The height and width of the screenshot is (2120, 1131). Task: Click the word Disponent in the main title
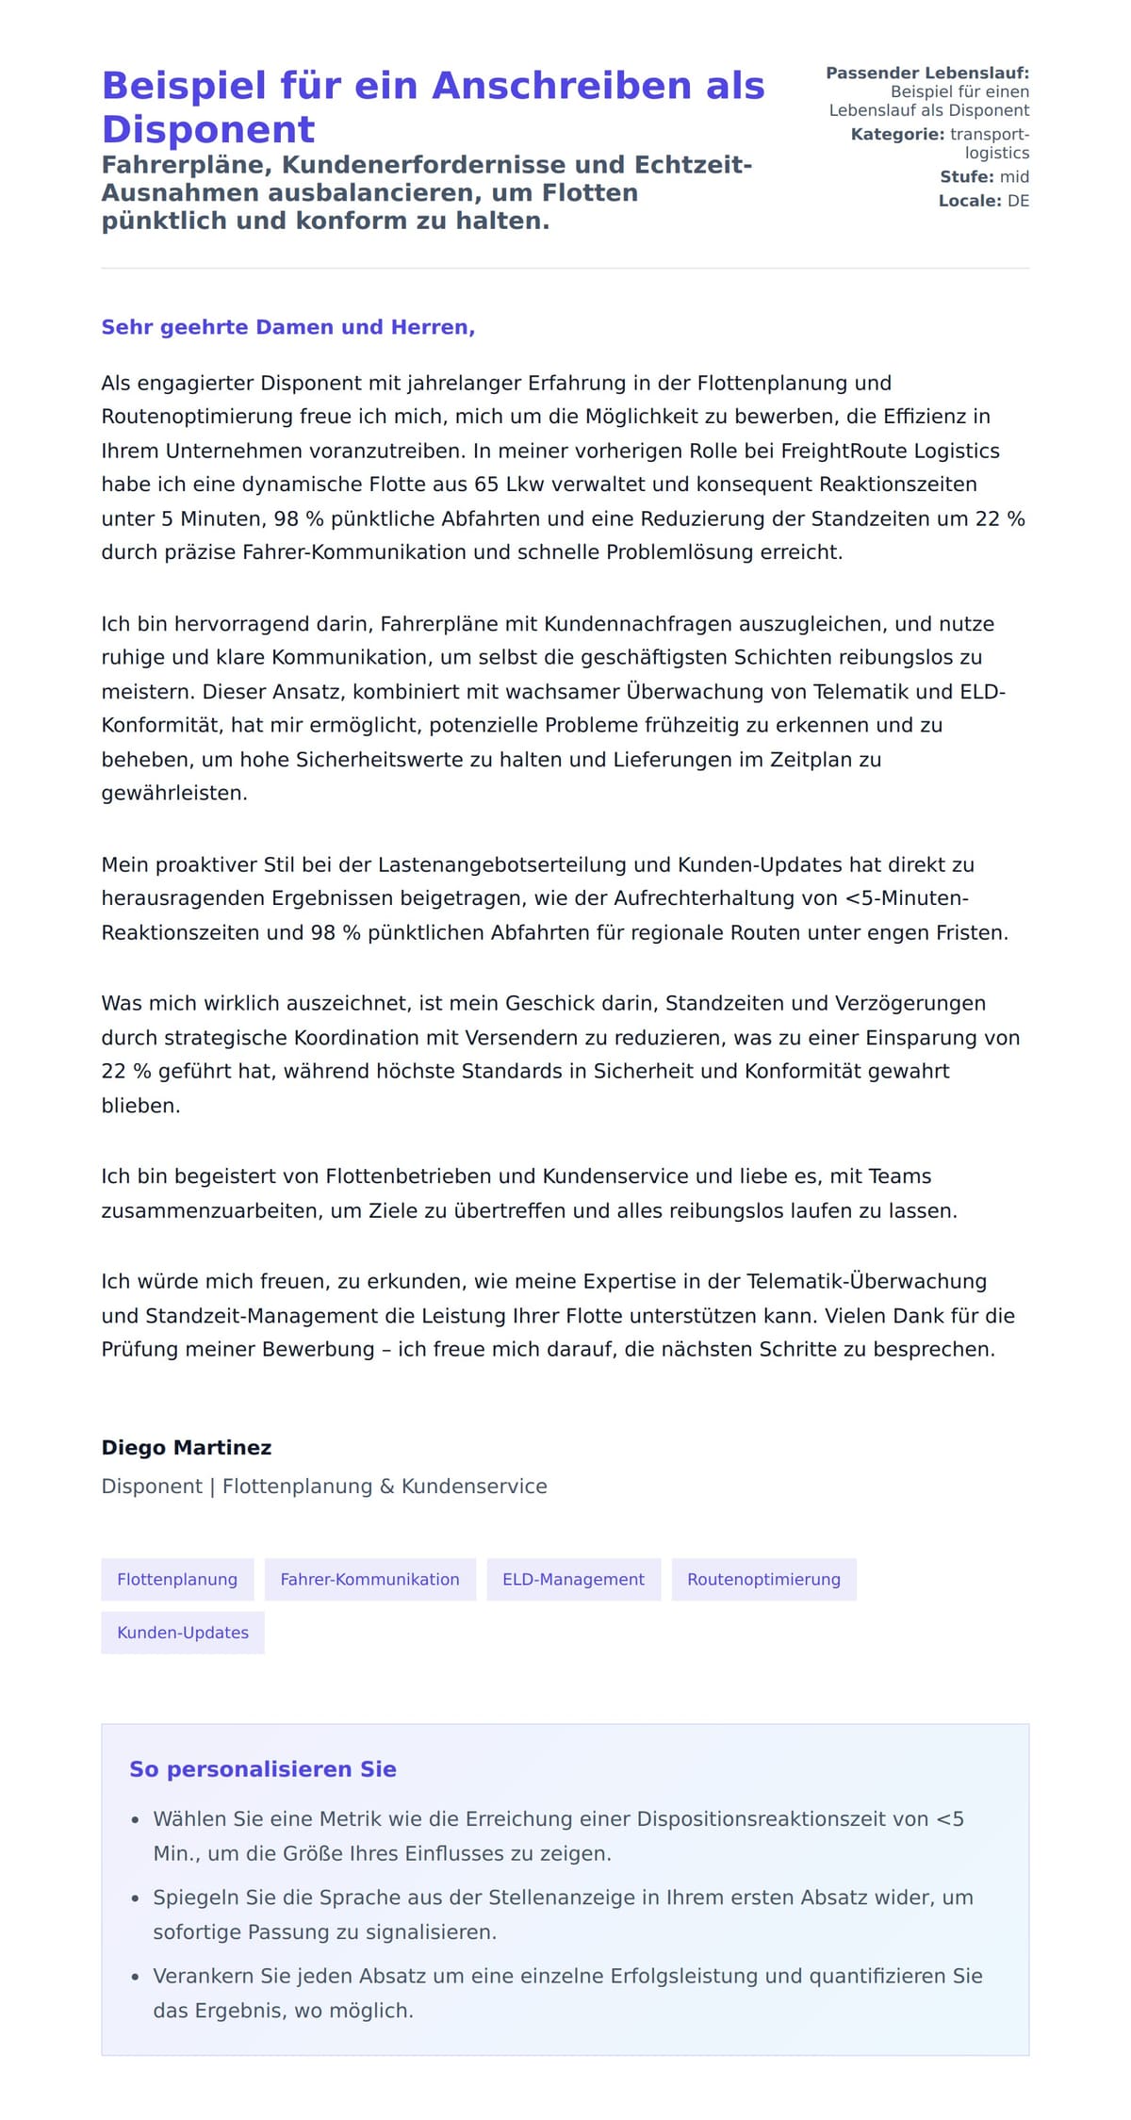(x=208, y=130)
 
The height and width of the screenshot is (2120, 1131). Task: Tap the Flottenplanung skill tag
(x=177, y=1579)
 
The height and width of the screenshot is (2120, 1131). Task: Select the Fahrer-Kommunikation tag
(x=369, y=1579)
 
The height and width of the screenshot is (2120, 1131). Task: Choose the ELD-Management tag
(x=573, y=1579)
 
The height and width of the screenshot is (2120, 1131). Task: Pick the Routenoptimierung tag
(x=763, y=1579)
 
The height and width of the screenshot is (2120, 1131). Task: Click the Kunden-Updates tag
(x=183, y=1632)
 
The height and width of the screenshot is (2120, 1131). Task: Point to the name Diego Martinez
(x=187, y=1447)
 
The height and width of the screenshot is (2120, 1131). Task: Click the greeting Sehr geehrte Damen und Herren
(x=287, y=327)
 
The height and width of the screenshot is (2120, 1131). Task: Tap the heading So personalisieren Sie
(x=263, y=1768)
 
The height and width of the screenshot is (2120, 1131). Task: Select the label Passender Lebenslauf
(x=927, y=73)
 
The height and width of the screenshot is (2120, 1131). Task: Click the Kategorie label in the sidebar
(x=896, y=134)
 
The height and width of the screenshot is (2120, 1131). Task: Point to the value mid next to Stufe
(x=1014, y=176)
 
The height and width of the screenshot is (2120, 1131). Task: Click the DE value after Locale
(x=1018, y=201)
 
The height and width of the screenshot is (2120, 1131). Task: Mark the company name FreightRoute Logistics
(x=890, y=451)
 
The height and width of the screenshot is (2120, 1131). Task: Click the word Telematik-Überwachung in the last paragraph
(x=866, y=1281)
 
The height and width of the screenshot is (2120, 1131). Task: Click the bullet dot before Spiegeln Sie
(x=136, y=1898)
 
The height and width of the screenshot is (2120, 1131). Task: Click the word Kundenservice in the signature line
(x=474, y=1486)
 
